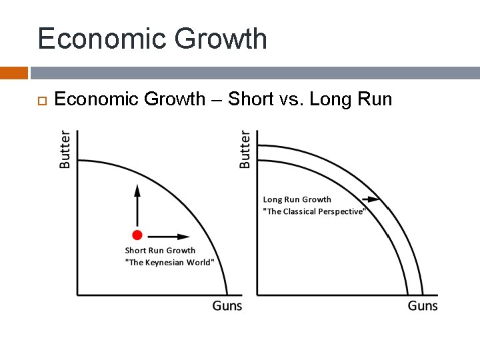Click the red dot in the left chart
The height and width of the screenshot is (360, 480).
pos(137,235)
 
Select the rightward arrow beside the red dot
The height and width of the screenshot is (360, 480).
pos(168,236)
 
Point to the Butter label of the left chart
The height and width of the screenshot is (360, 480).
pos(65,149)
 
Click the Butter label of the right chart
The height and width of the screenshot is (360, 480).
pos(245,149)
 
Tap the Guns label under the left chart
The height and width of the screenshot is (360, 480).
pos(227,306)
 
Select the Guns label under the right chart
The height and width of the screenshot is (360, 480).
pos(423,306)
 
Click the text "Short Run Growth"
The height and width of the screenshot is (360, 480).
pos(160,251)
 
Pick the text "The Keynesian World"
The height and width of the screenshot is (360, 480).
pos(170,262)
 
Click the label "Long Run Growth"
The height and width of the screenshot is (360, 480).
pos(297,199)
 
